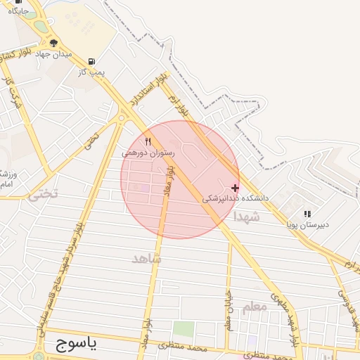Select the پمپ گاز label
tap(91, 72)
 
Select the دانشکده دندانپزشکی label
tap(236, 198)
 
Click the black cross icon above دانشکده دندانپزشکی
tap(235, 188)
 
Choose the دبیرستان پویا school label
tap(307, 225)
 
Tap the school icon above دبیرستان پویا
tap(307, 214)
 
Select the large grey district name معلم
tap(255, 307)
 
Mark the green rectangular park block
tap(184, 329)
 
